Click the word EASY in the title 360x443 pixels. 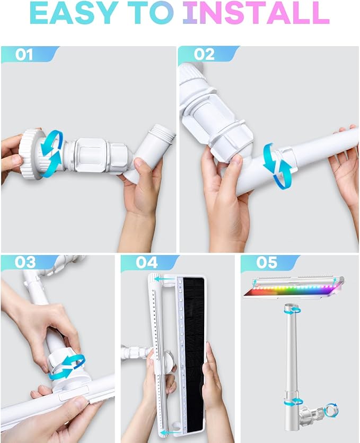[74, 13]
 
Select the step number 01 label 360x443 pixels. [24, 55]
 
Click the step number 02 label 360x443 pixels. [204, 55]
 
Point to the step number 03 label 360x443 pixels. [25, 262]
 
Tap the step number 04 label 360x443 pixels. [146, 262]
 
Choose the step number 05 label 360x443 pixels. [267, 262]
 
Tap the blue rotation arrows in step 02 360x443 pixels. [277, 166]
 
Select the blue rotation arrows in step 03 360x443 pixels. [67, 367]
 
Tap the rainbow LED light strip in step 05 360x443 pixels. [292, 290]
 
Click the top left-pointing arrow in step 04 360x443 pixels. [164, 279]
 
